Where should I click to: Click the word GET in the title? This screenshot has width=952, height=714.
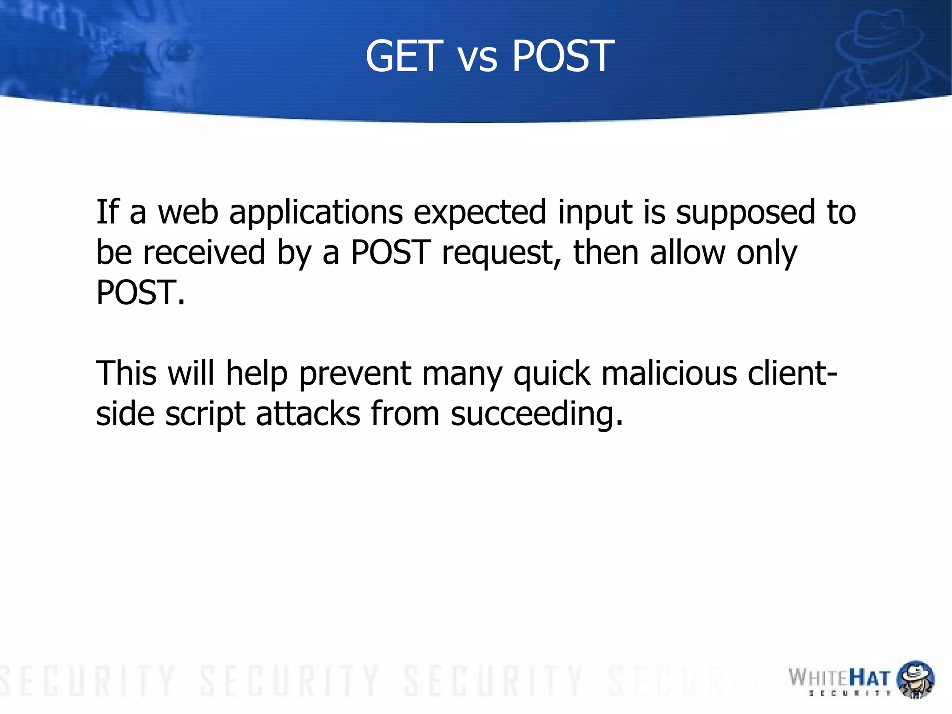(403, 56)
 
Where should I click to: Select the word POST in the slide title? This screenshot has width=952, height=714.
(563, 56)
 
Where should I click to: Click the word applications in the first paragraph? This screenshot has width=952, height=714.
(316, 213)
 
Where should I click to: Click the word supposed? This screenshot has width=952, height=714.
(746, 213)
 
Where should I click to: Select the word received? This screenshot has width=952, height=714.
(204, 253)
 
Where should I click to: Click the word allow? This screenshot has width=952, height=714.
(688, 253)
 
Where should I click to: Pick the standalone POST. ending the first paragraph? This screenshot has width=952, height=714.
(140, 293)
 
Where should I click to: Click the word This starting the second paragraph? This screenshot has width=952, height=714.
(126, 373)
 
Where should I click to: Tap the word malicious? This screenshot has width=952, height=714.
(669, 373)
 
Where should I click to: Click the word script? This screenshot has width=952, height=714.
(205, 414)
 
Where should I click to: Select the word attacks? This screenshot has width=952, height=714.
(308, 414)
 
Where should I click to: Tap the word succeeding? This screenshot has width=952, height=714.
(536, 414)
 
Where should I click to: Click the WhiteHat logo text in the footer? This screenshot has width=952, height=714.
(840, 679)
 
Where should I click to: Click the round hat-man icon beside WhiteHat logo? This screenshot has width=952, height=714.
(915, 679)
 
